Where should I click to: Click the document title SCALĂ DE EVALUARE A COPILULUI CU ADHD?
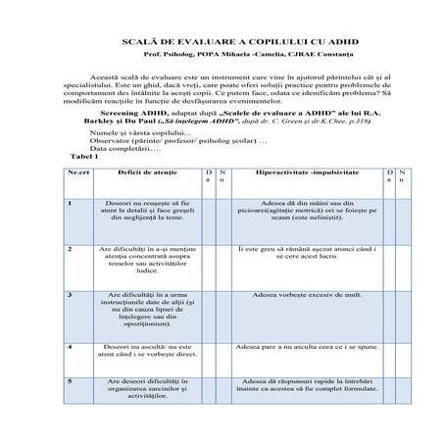click(222, 43)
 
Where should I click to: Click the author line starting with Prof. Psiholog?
click(222, 57)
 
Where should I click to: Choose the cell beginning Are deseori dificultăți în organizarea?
click(141, 388)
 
